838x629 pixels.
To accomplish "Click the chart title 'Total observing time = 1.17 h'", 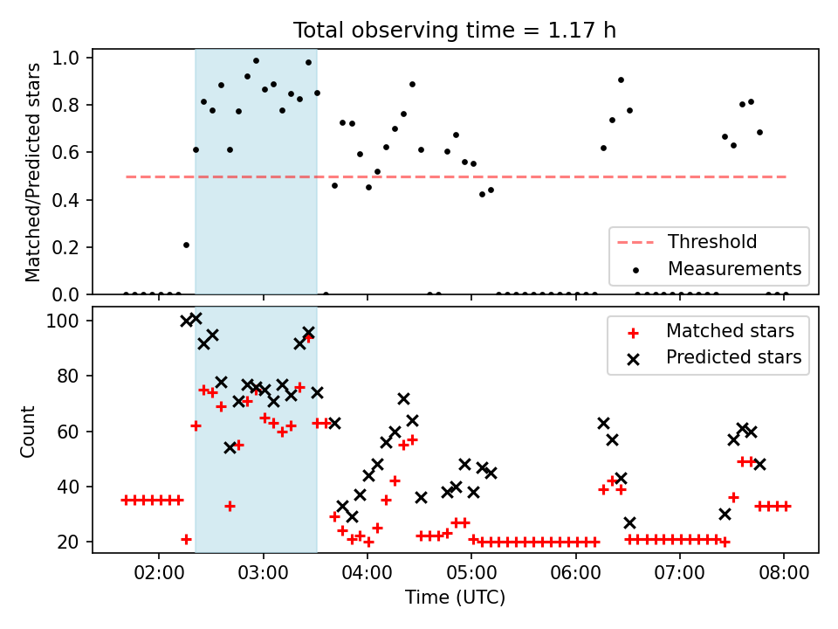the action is (454, 31).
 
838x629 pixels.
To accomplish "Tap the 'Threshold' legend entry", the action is (712, 242).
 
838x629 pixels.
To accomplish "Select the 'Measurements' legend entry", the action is (734, 268).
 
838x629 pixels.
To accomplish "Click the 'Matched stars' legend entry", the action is (730, 331).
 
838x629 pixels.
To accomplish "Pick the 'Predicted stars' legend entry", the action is (733, 357).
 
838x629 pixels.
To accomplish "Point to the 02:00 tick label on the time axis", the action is (159, 573).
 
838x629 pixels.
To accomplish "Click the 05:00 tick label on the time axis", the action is (471, 573).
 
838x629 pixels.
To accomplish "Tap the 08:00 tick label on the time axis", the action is (784, 573).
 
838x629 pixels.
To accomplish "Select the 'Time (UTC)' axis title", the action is (455, 597).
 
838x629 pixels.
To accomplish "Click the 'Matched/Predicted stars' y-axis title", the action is (32, 172).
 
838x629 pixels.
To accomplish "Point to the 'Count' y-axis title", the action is (27, 431).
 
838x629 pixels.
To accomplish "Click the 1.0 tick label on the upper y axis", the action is (65, 58).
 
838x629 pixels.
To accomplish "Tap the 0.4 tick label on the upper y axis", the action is (65, 200).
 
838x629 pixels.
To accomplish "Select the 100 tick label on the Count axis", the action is (62, 321).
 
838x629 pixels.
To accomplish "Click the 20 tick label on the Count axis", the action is (68, 542).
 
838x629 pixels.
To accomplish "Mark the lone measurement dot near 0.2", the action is (186, 245).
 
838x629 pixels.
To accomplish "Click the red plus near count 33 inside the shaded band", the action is (230, 506).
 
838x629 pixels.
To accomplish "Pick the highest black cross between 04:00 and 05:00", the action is (403, 398).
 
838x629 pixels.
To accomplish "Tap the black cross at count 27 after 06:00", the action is (629, 522).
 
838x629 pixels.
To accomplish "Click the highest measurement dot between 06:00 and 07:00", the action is (621, 79).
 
